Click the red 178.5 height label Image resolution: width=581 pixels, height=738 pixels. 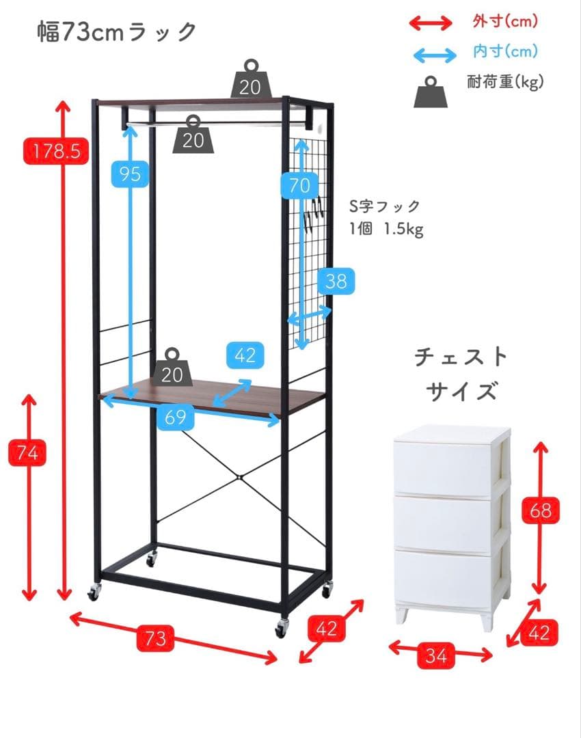(56, 150)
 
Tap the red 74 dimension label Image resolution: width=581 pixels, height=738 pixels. (27, 453)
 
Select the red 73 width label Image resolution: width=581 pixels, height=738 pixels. (155, 638)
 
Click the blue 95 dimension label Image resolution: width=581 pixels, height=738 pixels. (130, 174)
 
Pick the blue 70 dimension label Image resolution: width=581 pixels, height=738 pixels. (299, 185)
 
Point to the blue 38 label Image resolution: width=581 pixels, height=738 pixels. (336, 282)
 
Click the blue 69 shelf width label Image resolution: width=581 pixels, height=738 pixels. (175, 417)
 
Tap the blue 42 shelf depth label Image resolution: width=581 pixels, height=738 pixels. (245, 355)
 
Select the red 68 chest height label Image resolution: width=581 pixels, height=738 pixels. (541, 510)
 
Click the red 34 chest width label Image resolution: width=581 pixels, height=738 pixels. (436, 655)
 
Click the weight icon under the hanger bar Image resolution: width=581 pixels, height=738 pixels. (193, 135)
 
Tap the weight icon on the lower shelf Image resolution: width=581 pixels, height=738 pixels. (172, 368)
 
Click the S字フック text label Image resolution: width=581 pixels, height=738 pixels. (385, 206)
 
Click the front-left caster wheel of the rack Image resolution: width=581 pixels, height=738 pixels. (94, 592)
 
